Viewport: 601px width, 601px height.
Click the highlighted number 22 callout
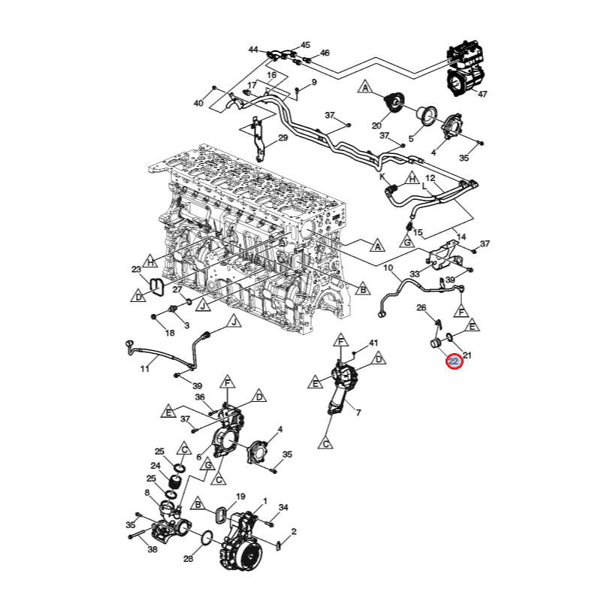(x=455, y=362)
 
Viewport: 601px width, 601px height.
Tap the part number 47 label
(x=482, y=94)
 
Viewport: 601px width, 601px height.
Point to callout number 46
(x=325, y=53)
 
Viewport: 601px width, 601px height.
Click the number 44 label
(x=253, y=50)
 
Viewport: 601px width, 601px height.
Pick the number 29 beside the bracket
(x=282, y=137)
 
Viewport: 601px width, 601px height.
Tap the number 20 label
(x=377, y=125)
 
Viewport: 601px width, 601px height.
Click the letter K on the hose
(x=382, y=177)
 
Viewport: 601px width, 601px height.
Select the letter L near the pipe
(x=424, y=184)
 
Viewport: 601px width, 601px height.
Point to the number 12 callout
(x=442, y=178)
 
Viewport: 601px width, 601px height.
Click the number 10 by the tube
(x=388, y=267)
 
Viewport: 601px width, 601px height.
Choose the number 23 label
(x=136, y=269)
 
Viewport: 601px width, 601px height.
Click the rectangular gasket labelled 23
(x=156, y=285)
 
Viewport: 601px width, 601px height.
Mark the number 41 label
(x=373, y=343)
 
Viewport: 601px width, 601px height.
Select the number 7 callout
(x=358, y=412)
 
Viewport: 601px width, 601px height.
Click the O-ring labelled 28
(x=205, y=538)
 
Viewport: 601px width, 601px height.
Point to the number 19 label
(x=241, y=497)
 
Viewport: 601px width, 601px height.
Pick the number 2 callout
(x=294, y=532)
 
